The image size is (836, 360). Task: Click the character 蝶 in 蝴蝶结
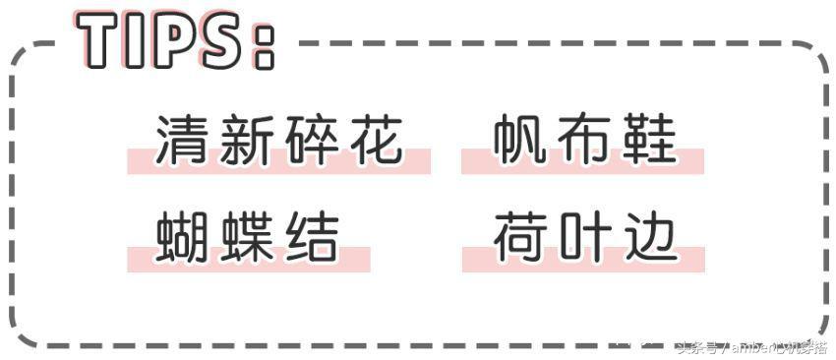pos(247,237)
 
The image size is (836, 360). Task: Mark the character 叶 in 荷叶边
pos(583,237)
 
